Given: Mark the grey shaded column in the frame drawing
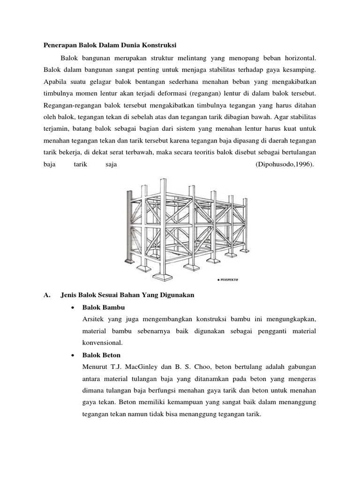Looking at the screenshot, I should click(x=128, y=225).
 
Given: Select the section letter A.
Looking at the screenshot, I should click(x=46, y=295).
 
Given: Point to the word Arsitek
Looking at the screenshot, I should click(x=93, y=319).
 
